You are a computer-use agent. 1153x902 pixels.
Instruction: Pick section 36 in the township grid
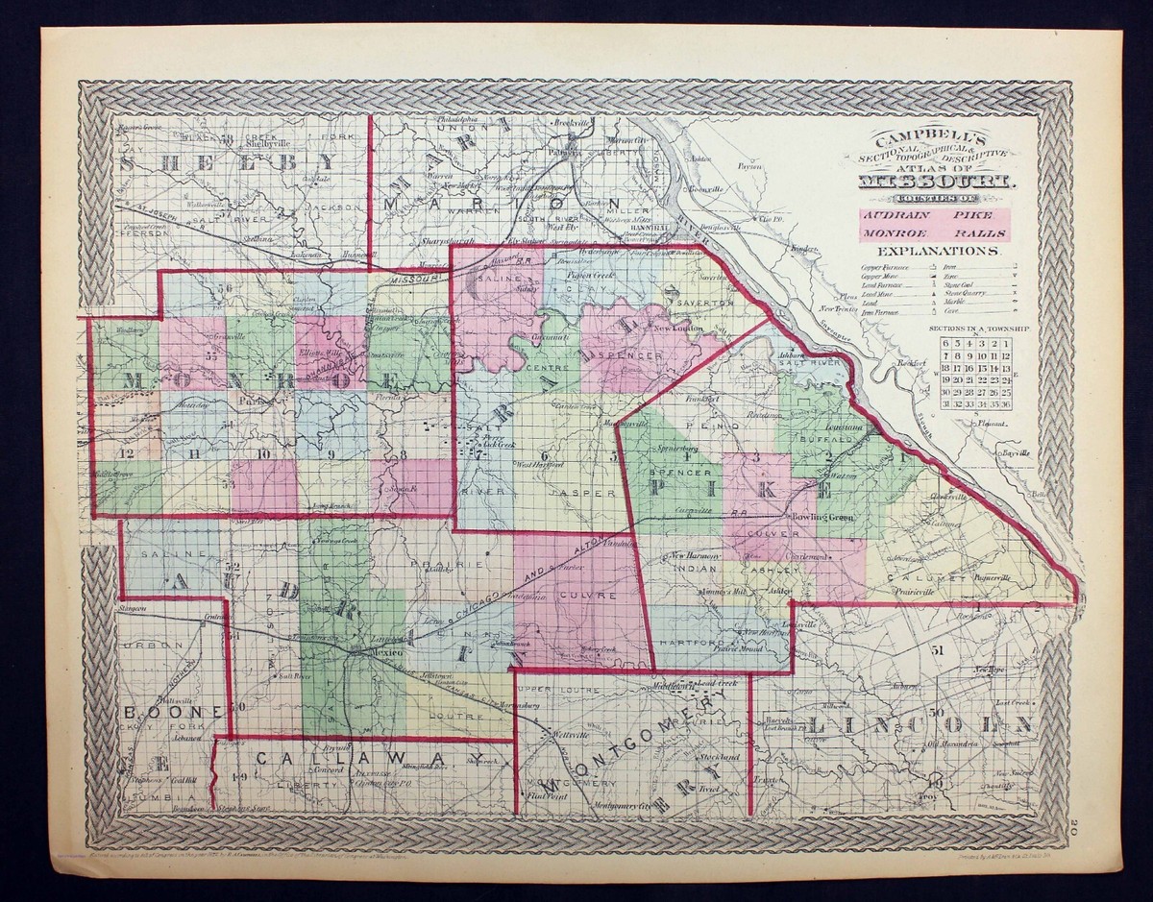tap(1005, 404)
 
